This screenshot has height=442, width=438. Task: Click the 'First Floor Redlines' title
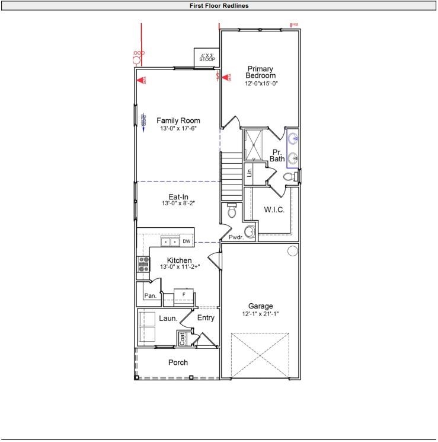[219, 6]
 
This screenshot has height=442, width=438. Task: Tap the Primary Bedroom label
[261, 72]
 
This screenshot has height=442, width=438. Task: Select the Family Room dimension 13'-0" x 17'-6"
[178, 129]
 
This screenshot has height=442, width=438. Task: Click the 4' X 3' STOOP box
[207, 58]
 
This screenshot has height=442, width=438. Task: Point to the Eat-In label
[178, 196]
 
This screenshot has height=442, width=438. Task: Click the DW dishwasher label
[186, 241]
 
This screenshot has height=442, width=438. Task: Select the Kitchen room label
[179, 260]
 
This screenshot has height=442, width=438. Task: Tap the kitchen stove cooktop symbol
[143, 264]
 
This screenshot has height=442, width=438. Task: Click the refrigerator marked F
[184, 295]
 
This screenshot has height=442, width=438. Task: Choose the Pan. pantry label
[151, 295]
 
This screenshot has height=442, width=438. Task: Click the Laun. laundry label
[168, 319]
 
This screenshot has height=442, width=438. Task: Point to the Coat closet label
[183, 339]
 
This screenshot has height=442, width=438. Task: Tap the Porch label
[178, 362]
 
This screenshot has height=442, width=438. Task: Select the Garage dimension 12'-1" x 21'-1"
[260, 314]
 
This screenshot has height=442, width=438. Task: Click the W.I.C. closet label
[274, 209]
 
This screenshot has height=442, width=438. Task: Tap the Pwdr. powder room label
[236, 237]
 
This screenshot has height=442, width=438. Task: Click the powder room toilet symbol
[232, 210]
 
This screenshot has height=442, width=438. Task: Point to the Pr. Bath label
[277, 155]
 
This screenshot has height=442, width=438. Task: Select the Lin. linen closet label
[250, 173]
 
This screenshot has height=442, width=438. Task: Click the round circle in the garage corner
[292, 251]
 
